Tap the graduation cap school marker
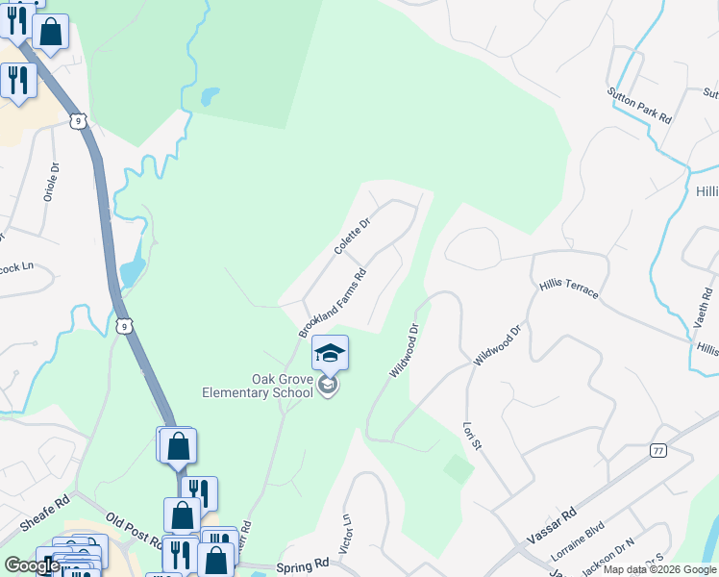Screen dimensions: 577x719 tap(330, 354)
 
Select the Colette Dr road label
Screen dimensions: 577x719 tap(352, 236)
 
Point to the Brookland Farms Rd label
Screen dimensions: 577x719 tap(333, 302)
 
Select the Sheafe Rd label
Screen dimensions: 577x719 tap(44, 515)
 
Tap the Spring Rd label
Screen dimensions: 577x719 tap(302, 567)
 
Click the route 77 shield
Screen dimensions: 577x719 tap(657, 450)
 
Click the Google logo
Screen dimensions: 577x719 tap(31, 565)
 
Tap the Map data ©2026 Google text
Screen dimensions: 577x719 tap(659, 569)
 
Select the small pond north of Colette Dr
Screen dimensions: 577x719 tap(209, 96)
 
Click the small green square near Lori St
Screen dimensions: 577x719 tap(459, 470)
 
